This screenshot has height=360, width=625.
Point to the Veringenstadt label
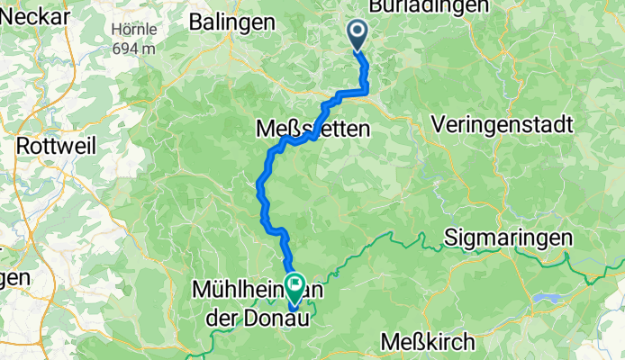coord(503,126)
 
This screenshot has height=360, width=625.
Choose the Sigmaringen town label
coord(509,238)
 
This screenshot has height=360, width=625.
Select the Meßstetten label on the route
coord(312,130)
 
